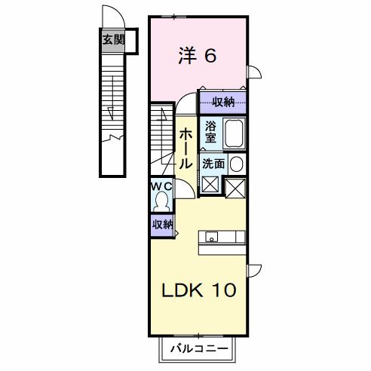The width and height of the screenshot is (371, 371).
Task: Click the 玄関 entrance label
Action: [x=114, y=39]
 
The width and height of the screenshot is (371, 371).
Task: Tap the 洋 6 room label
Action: [x=198, y=55]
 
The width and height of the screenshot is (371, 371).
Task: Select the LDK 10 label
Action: [x=200, y=289]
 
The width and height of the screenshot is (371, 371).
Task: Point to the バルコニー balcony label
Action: [x=200, y=348]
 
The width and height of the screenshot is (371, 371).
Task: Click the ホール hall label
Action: [x=185, y=146]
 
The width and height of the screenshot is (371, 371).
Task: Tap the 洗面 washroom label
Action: [x=213, y=163]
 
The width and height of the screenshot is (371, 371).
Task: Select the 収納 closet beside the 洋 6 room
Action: [x=223, y=102]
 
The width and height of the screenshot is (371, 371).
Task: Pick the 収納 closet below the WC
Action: [x=161, y=224]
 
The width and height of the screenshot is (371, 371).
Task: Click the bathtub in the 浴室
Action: [x=235, y=134]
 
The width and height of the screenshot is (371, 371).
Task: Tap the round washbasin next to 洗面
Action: [x=237, y=164]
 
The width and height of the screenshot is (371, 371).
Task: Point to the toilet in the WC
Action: [x=161, y=201]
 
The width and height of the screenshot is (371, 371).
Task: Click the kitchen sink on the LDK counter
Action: [x=213, y=238]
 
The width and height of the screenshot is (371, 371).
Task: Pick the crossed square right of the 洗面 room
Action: [x=236, y=185]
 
